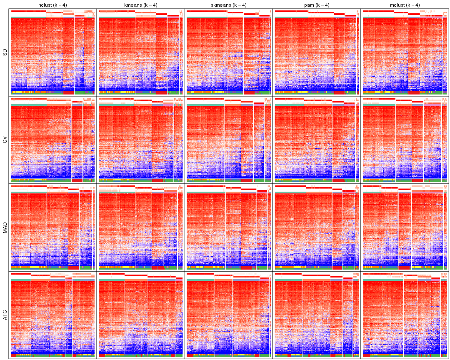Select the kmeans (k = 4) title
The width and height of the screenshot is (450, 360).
(x=140, y=5)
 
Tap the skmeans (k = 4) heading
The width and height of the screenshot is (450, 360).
(x=228, y=5)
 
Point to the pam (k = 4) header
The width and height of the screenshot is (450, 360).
(x=317, y=5)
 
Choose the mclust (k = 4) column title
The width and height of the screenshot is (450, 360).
(x=405, y=5)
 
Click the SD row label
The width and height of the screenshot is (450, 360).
(x=5, y=52)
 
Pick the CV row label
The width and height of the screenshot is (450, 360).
(x=5, y=140)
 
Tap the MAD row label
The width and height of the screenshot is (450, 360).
(x=5, y=228)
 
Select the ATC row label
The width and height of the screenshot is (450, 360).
(x=5, y=316)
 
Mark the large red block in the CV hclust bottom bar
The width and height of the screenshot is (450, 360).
(x=77, y=180)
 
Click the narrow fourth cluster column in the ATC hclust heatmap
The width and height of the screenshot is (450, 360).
(x=69, y=317)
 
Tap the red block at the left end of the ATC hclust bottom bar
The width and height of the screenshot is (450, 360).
(x=13, y=356)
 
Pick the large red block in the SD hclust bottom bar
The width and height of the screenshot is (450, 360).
(x=69, y=92)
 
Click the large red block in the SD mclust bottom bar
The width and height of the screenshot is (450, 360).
(x=414, y=92)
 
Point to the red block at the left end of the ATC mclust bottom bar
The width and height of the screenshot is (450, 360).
(x=367, y=356)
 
